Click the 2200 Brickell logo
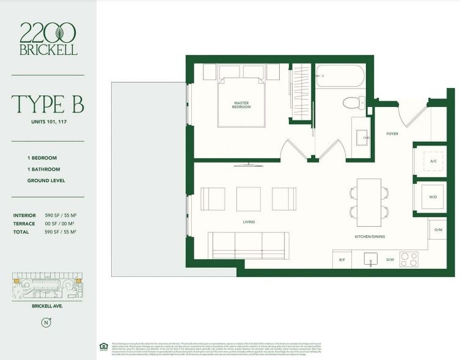point(48,38)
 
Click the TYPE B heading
point(48,104)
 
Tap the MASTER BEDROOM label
point(241,105)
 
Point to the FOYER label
point(392,133)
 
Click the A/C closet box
point(433,161)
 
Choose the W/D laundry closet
point(433,197)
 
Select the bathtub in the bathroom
point(340,77)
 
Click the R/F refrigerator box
point(342,259)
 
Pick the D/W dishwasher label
point(389,260)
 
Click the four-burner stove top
point(409,259)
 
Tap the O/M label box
point(437,229)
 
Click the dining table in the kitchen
point(368,202)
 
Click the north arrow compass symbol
point(44,321)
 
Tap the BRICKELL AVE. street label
point(44,306)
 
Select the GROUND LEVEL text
point(46,180)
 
